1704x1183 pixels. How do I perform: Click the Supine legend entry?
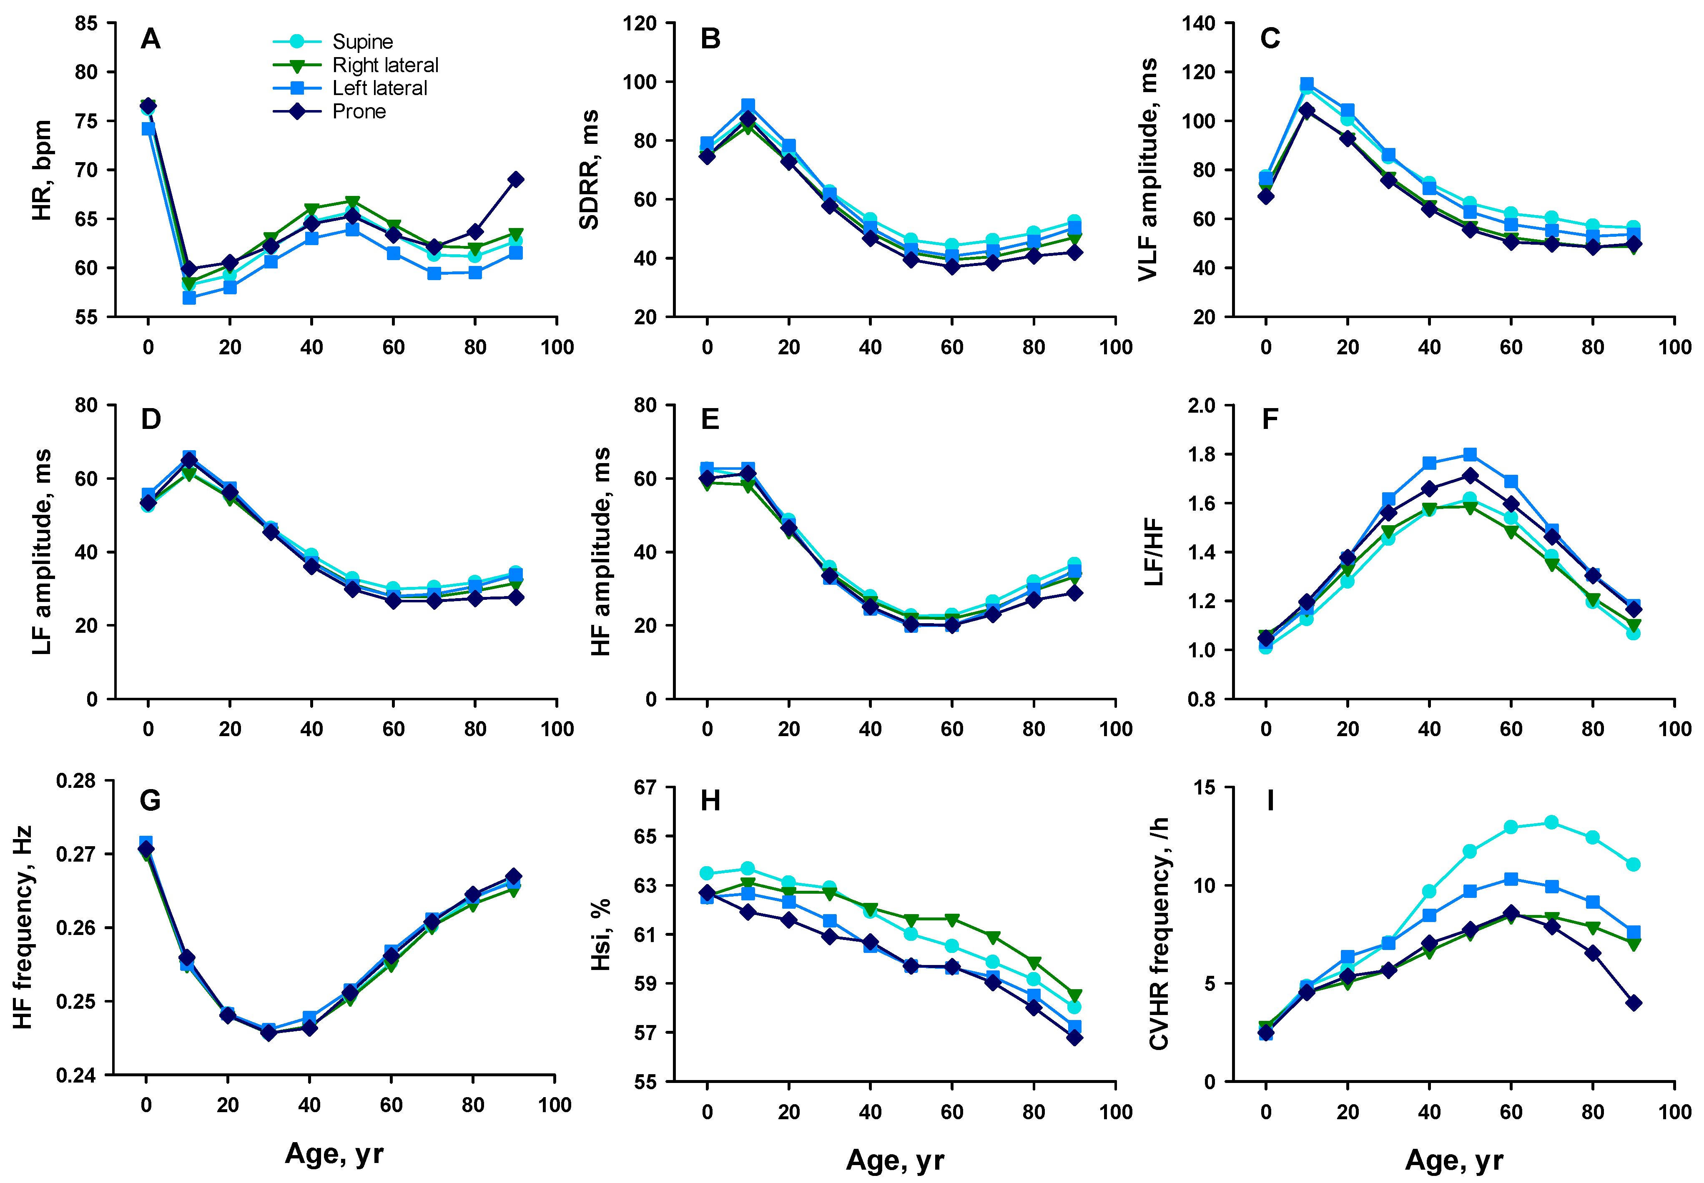(x=362, y=42)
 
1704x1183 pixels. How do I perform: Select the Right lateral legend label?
(x=385, y=65)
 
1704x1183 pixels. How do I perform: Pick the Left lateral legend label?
(x=379, y=88)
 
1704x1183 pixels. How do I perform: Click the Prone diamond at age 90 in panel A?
(x=516, y=179)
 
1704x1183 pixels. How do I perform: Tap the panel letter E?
(x=710, y=419)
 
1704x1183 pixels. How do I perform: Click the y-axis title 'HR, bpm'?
(x=42, y=170)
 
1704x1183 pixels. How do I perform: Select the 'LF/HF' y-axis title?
(x=1153, y=552)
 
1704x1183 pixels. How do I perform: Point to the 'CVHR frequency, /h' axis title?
(x=1159, y=934)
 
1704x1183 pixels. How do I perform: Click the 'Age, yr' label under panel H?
(x=895, y=1160)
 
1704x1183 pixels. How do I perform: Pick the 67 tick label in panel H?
(x=645, y=787)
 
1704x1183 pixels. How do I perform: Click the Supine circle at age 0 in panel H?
(x=707, y=874)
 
